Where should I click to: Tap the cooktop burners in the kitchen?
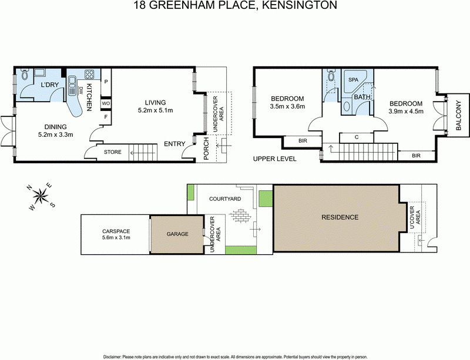tap(90, 75)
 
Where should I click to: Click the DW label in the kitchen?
tap(81, 90)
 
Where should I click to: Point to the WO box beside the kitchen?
tap(106, 103)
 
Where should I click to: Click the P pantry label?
tap(106, 82)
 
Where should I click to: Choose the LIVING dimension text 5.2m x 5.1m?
tap(155, 110)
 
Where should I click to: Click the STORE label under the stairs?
tap(113, 153)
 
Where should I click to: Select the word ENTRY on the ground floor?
tap(174, 144)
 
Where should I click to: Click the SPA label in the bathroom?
tap(354, 79)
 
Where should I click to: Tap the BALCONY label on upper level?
tap(458, 116)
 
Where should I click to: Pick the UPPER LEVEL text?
tap(274, 159)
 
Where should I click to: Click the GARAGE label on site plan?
tap(177, 234)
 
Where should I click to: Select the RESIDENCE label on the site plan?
tap(340, 217)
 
